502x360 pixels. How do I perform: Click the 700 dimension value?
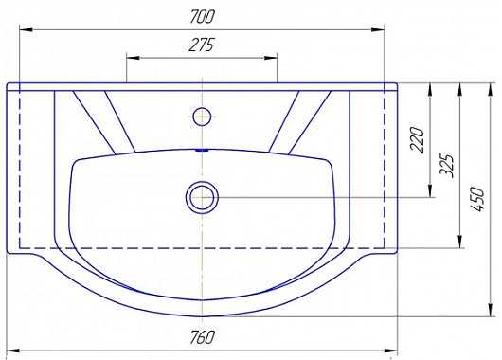[x=201, y=17]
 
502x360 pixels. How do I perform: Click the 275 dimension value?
[x=201, y=45]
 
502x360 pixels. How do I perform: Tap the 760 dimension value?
[x=202, y=337]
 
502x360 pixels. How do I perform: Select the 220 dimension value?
[x=417, y=140]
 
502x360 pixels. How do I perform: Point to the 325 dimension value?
[x=447, y=166]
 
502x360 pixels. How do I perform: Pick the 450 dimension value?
[x=477, y=199]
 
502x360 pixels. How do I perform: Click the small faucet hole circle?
[x=202, y=117]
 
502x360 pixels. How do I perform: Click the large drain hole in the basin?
[x=202, y=197]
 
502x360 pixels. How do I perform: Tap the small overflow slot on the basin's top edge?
[x=202, y=150]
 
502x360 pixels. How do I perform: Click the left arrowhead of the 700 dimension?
[x=26, y=29]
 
